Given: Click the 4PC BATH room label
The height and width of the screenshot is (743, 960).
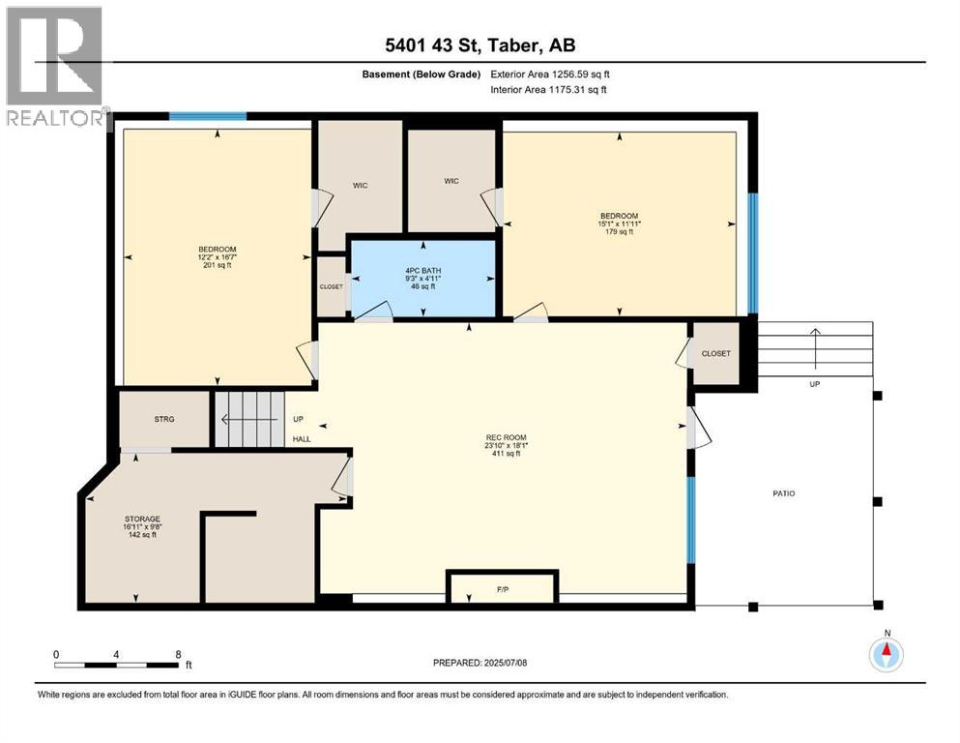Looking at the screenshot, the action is point(423,270).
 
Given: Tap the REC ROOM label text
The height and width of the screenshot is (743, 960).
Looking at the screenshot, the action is point(507,437).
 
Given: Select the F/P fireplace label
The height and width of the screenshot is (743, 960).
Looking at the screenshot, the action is point(503,589).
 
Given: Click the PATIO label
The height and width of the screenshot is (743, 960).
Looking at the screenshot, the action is point(784,493).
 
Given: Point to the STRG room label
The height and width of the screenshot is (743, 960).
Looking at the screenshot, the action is point(164,419).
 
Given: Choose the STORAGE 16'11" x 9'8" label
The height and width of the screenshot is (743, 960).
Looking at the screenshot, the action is point(143,522).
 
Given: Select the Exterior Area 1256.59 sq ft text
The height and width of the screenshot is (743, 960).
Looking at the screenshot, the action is point(550,74).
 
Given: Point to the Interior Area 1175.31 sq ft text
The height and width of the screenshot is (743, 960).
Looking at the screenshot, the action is point(548,89).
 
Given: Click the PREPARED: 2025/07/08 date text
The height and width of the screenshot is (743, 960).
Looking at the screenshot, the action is point(480,663).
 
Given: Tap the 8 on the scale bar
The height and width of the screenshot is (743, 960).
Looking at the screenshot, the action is point(178,654).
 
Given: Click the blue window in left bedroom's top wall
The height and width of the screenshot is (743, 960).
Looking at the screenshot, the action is point(208,116).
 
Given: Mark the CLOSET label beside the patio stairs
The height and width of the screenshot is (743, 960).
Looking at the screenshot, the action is point(715,353).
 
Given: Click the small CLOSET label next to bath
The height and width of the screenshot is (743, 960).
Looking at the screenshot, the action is point(332,286).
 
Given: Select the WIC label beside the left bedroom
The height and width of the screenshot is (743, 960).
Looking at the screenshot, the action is point(360,185).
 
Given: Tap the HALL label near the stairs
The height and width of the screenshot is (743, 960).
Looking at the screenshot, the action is point(302,438).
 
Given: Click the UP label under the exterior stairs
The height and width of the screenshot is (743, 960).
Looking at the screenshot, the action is point(814,384).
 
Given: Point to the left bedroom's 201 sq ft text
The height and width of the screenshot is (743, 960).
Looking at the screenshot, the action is point(218,265).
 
